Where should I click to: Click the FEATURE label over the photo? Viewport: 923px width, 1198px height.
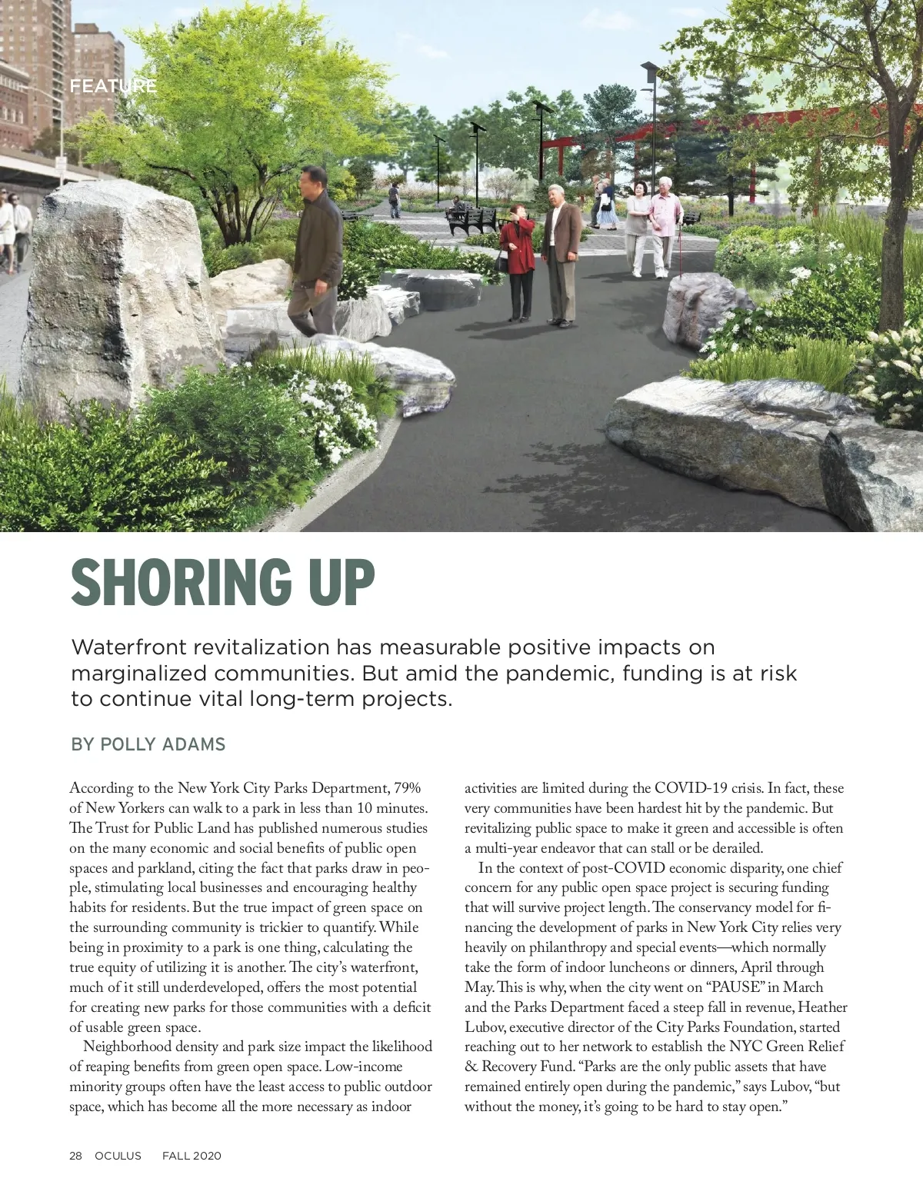[113, 86]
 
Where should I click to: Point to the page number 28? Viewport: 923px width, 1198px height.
[75, 1156]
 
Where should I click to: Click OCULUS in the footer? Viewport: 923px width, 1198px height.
[118, 1156]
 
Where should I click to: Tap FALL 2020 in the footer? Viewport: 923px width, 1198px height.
[192, 1156]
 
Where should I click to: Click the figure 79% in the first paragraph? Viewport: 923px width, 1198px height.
[407, 788]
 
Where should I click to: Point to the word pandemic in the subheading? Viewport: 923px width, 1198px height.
[560, 674]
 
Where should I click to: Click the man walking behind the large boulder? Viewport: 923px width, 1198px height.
[317, 246]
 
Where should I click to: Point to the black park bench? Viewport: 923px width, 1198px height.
[471, 221]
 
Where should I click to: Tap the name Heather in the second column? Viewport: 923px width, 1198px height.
[823, 1007]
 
